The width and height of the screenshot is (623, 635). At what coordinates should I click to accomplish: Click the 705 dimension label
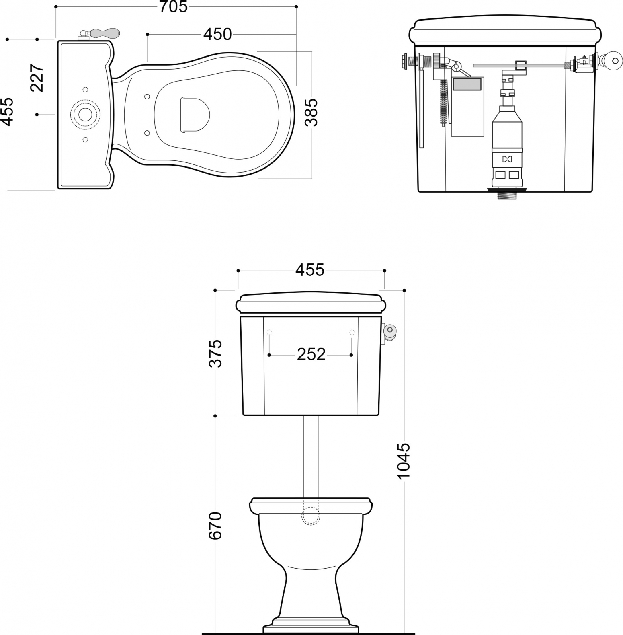tap(174, 7)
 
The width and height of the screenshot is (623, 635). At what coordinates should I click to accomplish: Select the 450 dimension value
tap(217, 35)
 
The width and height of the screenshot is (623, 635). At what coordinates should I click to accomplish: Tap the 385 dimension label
tap(311, 113)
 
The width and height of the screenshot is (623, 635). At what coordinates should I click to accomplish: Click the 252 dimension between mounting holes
tap(311, 354)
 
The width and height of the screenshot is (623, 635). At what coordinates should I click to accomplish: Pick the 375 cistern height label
tap(215, 353)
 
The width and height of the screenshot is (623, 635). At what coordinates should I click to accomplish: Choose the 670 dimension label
tap(215, 526)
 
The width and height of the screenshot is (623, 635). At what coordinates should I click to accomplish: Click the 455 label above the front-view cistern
tap(310, 270)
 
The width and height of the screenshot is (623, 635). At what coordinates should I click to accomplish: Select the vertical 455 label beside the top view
tap(8, 112)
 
